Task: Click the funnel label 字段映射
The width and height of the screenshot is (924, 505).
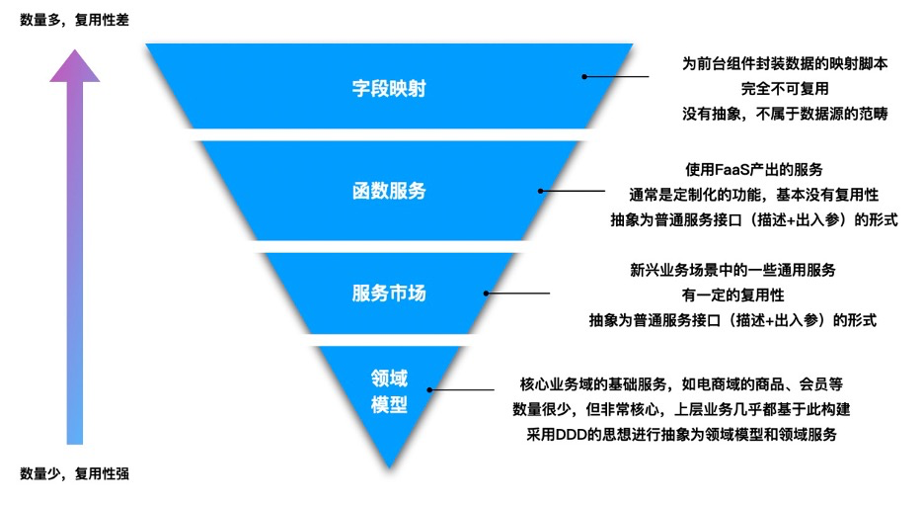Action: tap(389, 88)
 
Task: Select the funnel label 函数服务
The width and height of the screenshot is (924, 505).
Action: tap(389, 191)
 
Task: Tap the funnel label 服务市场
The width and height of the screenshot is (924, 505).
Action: tap(389, 294)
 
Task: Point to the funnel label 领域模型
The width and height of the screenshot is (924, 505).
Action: tap(389, 391)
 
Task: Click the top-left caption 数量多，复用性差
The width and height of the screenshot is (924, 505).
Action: tap(74, 19)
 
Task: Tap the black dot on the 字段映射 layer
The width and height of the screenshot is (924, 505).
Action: tap(584, 76)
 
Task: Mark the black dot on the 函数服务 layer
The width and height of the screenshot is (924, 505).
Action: tap(541, 191)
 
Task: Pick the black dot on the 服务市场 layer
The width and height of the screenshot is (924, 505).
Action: tap(486, 293)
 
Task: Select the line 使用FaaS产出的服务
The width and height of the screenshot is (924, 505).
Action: tap(754, 168)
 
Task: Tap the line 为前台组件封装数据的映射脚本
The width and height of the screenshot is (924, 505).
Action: tap(785, 63)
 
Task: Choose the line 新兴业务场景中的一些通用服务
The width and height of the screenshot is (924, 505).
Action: tap(731, 270)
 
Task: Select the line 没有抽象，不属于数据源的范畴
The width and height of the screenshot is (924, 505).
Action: tap(785, 114)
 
